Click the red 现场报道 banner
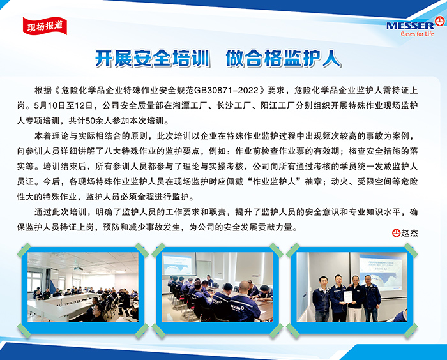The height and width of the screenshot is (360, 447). pyautogui.click(x=45, y=26)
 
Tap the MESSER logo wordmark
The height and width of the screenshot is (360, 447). pyautogui.click(x=410, y=26)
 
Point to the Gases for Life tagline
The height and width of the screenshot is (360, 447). pyautogui.click(x=417, y=34)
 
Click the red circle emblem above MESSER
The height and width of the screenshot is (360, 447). pyautogui.click(x=439, y=21)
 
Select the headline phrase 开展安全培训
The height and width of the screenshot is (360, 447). pyautogui.click(x=153, y=59)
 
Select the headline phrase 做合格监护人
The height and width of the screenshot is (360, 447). pyautogui.click(x=283, y=59)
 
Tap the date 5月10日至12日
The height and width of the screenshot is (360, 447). pyautogui.click(x=64, y=106)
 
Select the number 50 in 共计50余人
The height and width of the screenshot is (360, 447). pyautogui.click(x=91, y=121)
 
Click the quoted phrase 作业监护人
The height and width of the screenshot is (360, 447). pyautogui.click(x=274, y=181)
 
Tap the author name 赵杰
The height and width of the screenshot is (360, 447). pyautogui.click(x=409, y=233)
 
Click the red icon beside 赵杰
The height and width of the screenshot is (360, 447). pyautogui.click(x=396, y=233)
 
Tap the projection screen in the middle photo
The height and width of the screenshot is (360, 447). pyautogui.click(x=179, y=264)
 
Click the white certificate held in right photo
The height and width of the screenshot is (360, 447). pyautogui.click(x=347, y=297)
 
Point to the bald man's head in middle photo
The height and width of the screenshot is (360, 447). pyautogui.click(x=243, y=286)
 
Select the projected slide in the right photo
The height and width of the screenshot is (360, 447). pyautogui.click(x=380, y=272)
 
